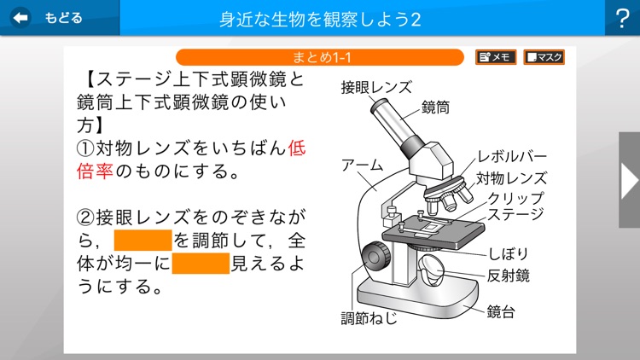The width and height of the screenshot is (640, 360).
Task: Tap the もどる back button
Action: [x=49, y=18]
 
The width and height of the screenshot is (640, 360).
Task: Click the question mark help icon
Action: [x=621, y=18]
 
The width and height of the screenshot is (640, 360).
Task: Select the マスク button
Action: [x=544, y=57]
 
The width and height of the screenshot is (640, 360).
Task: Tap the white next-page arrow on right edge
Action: [x=629, y=180]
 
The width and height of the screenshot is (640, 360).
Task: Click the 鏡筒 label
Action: [x=436, y=107]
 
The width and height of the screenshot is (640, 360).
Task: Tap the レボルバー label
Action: [x=512, y=158]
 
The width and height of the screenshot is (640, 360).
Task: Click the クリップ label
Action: [x=516, y=197]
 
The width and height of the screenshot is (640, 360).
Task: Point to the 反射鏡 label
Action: [x=510, y=276]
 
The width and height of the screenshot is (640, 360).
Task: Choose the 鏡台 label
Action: [x=501, y=312]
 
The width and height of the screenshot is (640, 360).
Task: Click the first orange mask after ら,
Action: [x=143, y=239]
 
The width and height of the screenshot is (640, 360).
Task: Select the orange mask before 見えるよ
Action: [x=201, y=263]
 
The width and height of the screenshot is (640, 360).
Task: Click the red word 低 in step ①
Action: [x=297, y=148]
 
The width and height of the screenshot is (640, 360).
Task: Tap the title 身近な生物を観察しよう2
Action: [x=320, y=19]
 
